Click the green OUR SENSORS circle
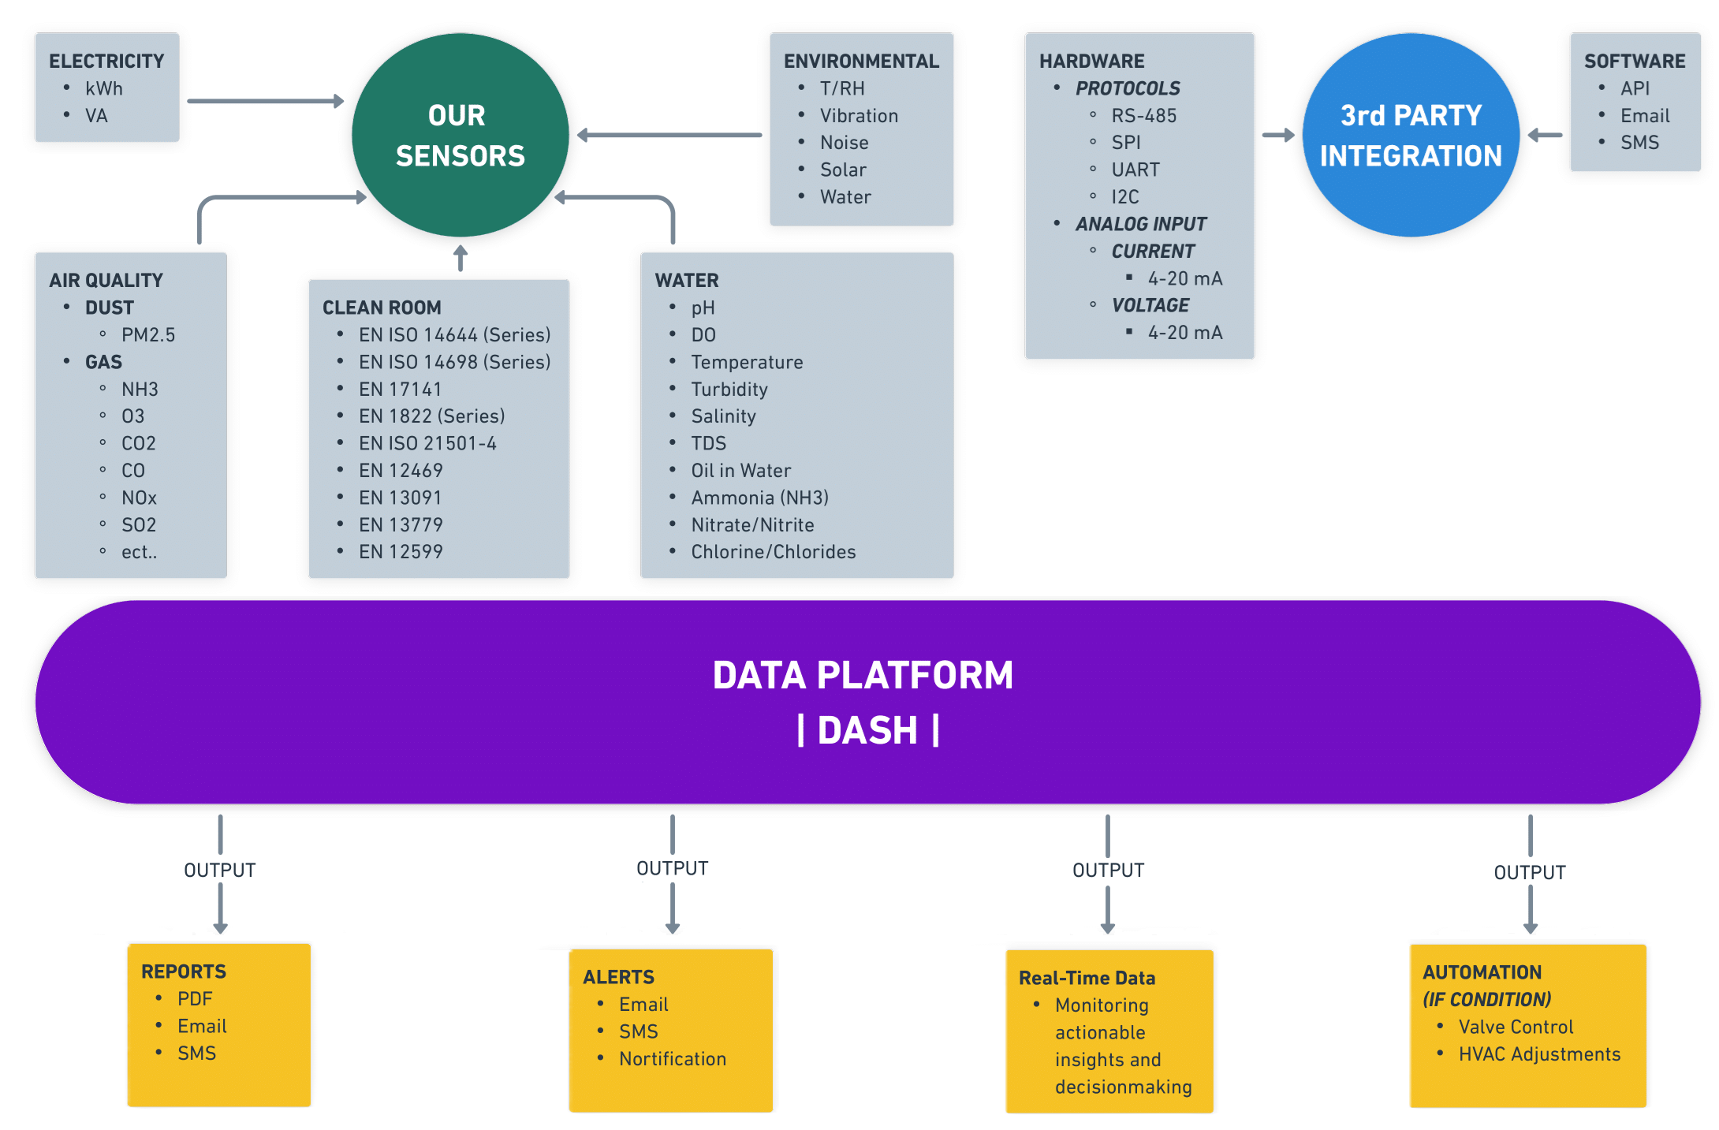click(x=460, y=135)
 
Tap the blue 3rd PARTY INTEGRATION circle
click(x=1411, y=135)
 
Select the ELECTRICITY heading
click(x=106, y=61)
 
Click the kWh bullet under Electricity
click(x=104, y=88)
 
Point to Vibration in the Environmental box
click(x=859, y=116)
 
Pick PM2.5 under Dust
click(x=148, y=334)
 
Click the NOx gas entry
click(x=139, y=498)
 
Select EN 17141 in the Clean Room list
click(x=400, y=389)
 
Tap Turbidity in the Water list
click(x=729, y=389)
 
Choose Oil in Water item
click(x=740, y=471)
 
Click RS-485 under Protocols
click(x=1143, y=116)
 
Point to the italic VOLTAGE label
click(x=1150, y=305)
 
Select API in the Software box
click(x=1635, y=88)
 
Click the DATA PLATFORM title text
click(x=863, y=675)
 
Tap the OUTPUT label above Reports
click(x=220, y=870)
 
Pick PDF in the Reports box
click(x=195, y=999)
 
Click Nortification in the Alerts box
click(x=673, y=1059)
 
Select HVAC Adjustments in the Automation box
click(x=1539, y=1054)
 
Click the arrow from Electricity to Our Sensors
click(x=265, y=101)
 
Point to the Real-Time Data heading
click(x=1087, y=978)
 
